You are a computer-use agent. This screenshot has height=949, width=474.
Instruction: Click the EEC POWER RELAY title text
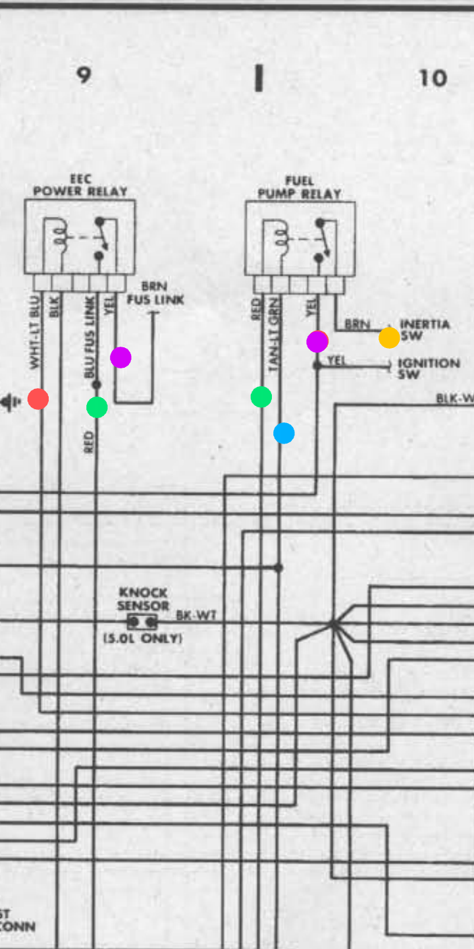80,185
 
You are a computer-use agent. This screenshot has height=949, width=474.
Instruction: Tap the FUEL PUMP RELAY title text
300,187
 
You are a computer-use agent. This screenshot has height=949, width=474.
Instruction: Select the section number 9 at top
83,75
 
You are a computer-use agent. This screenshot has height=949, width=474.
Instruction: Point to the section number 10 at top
433,78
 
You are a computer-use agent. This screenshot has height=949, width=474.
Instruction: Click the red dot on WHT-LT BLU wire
38,399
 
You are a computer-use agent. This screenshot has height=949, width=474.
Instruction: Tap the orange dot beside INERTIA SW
389,337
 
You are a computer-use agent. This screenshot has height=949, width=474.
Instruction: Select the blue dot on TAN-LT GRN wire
284,433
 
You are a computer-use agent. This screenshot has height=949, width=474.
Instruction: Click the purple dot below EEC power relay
120,357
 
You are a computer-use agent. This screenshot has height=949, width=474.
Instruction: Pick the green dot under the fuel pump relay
261,397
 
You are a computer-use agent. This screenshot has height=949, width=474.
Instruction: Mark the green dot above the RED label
97,407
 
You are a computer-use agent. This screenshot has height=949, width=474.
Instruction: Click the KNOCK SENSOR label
144,599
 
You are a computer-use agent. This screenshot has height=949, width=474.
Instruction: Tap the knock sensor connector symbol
142,621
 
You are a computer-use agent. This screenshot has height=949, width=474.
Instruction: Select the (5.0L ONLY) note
143,639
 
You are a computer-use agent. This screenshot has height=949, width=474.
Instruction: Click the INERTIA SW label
424,330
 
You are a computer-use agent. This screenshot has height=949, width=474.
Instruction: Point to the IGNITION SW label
428,368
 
